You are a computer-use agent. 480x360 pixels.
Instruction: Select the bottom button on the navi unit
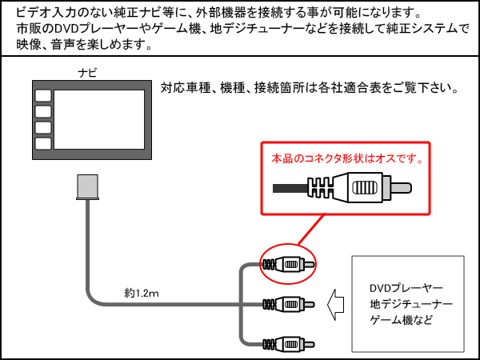(43, 142)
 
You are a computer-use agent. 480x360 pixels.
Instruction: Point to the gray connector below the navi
(86, 187)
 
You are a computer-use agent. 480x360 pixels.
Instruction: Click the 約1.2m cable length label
(142, 294)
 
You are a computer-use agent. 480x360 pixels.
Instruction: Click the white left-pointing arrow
(338, 304)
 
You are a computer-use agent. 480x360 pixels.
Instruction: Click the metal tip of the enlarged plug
(401, 190)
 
